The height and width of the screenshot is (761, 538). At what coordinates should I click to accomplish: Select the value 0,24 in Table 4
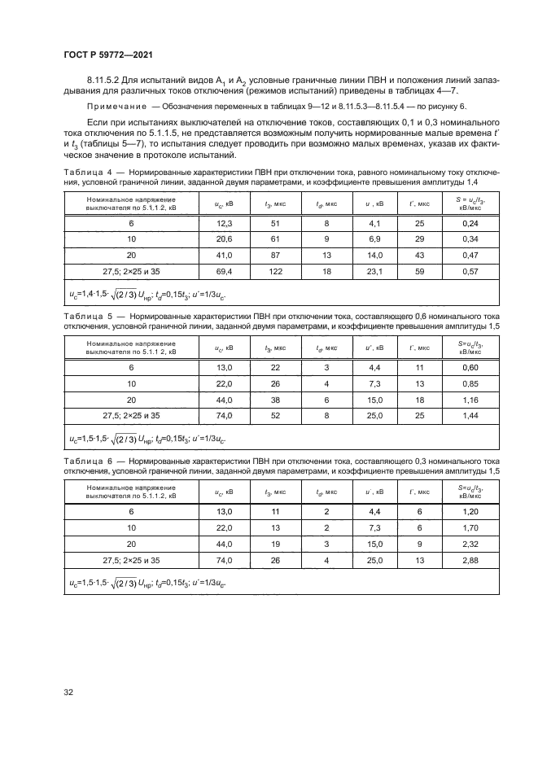pos(470,222)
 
